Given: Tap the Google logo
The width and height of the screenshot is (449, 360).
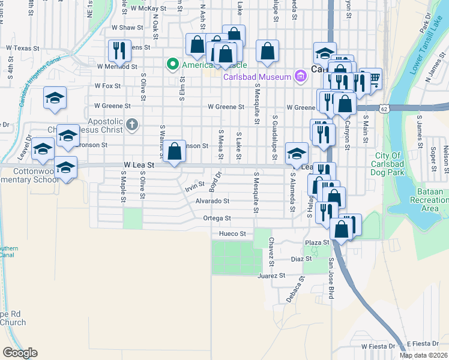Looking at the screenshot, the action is (x=20, y=353).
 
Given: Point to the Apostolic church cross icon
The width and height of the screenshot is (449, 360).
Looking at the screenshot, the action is (x=133, y=125).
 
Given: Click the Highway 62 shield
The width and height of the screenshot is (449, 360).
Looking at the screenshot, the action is (x=383, y=107).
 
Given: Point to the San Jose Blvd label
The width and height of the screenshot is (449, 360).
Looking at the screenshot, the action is (x=331, y=278).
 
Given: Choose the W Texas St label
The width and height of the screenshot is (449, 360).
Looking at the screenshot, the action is (x=22, y=48).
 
